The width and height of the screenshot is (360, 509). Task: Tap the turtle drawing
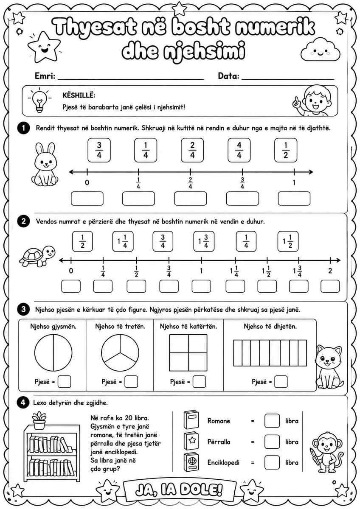point(37,255)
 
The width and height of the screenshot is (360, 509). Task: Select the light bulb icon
point(39,101)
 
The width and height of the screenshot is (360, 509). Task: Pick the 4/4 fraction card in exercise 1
point(239,150)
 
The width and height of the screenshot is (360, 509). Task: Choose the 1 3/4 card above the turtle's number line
point(204,241)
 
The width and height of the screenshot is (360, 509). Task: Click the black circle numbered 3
point(23,309)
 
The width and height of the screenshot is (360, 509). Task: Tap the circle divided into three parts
point(120,352)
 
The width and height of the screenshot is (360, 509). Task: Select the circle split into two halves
point(53,352)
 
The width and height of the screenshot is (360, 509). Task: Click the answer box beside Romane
point(272,421)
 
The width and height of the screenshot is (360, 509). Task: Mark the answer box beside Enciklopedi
point(272,462)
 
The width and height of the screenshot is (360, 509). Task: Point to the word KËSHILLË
point(79,95)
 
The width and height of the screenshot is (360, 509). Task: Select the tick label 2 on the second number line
point(330,271)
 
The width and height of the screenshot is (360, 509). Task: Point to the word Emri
point(45,76)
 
